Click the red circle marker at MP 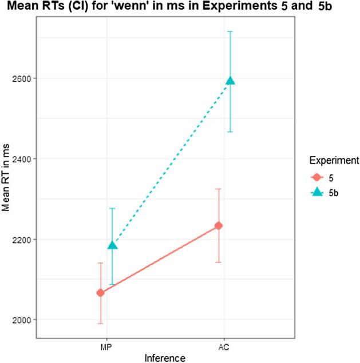101,293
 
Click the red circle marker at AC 219,226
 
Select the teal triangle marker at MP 112,245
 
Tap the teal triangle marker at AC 230,81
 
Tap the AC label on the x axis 224,346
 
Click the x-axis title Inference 165,357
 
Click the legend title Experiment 331,162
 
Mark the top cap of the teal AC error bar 230,31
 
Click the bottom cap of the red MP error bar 101,324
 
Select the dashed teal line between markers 171,163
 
